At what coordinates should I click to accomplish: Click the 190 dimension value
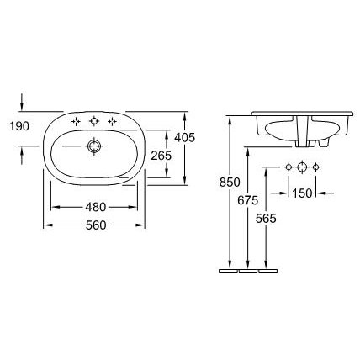click(x=19, y=126)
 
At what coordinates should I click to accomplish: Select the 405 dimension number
click(x=184, y=137)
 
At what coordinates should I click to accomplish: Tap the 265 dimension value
click(x=161, y=156)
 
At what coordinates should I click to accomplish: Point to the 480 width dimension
click(x=96, y=207)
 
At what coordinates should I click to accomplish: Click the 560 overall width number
click(x=96, y=225)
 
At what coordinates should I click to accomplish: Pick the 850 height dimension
click(x=230, y=183)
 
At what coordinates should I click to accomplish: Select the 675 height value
click(x=247, y=200)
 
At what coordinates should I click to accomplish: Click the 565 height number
click(x=266, y=219)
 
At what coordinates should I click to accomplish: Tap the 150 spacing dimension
click(x=302, y=193)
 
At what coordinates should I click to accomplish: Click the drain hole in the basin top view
click(x=94, y=146)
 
